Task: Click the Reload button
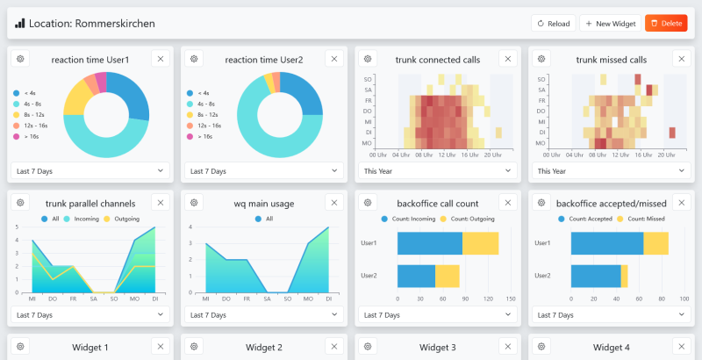pyautogui.click(x=553, y=24)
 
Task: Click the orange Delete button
pyautogui.click(x=666, y=24)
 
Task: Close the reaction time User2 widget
pyautogui.click(x=333, y=59)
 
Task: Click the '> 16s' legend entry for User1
pyautogui.click(x=32, y=137)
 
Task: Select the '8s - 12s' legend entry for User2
pyautogui.click(x=208, y=115)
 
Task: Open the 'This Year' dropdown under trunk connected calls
pyautogui.click(x=437, y=171)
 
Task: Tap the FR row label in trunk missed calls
pyautogui.click(x=541, y=100)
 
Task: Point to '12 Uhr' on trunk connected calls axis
pyautogui.click(x=448, y=154)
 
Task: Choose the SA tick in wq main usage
pyautogui.click(x=267, y=299)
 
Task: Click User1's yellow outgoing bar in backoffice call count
pyautogui.click(x=480, y=243)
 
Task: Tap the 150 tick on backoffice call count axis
pyautogui.click(x=511, y=299)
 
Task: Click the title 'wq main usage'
pyautogui.click(x=264, y=203)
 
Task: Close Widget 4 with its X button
pyautogui.click(x=681, y=347)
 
